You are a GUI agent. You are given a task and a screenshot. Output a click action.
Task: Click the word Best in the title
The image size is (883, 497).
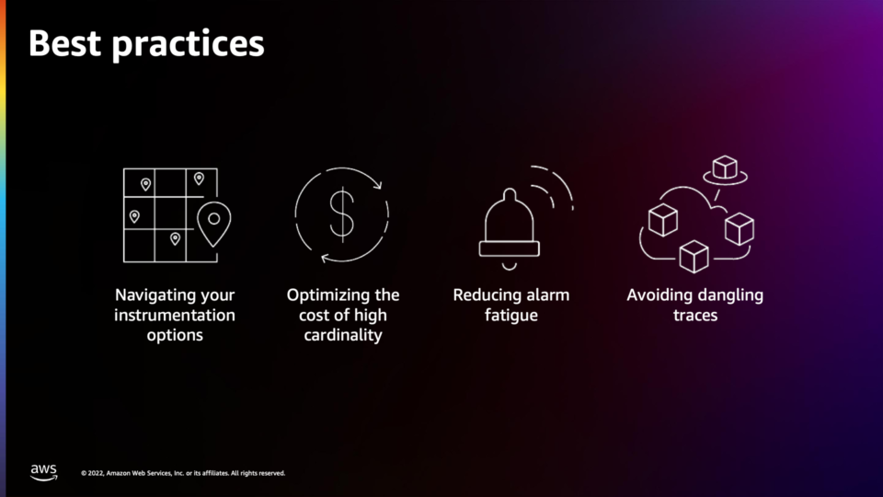(64, 43)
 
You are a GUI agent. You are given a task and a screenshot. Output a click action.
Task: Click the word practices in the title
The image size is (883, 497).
(188, 45)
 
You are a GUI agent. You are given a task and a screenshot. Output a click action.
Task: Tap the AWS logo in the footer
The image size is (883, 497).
(43, 472)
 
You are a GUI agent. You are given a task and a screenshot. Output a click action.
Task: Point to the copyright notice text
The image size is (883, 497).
(183, 473)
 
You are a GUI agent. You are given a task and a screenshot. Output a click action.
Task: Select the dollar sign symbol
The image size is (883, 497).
(342, 214)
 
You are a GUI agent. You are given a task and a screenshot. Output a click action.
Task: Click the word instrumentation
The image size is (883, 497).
(175, 315)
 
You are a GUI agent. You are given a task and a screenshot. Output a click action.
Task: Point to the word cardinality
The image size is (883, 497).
(343, 335)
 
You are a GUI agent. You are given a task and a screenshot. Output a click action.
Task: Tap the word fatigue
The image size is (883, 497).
(511, 315)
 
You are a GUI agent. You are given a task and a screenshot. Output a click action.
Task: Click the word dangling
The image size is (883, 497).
(730, 295)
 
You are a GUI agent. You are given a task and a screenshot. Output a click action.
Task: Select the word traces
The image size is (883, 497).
(695, 316)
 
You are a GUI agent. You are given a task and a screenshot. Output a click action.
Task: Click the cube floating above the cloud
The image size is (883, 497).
(725, 168)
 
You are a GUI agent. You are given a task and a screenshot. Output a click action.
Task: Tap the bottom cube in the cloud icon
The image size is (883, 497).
(694, 257)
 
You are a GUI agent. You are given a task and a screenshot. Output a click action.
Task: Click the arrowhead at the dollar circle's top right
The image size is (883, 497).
(378, 184)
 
